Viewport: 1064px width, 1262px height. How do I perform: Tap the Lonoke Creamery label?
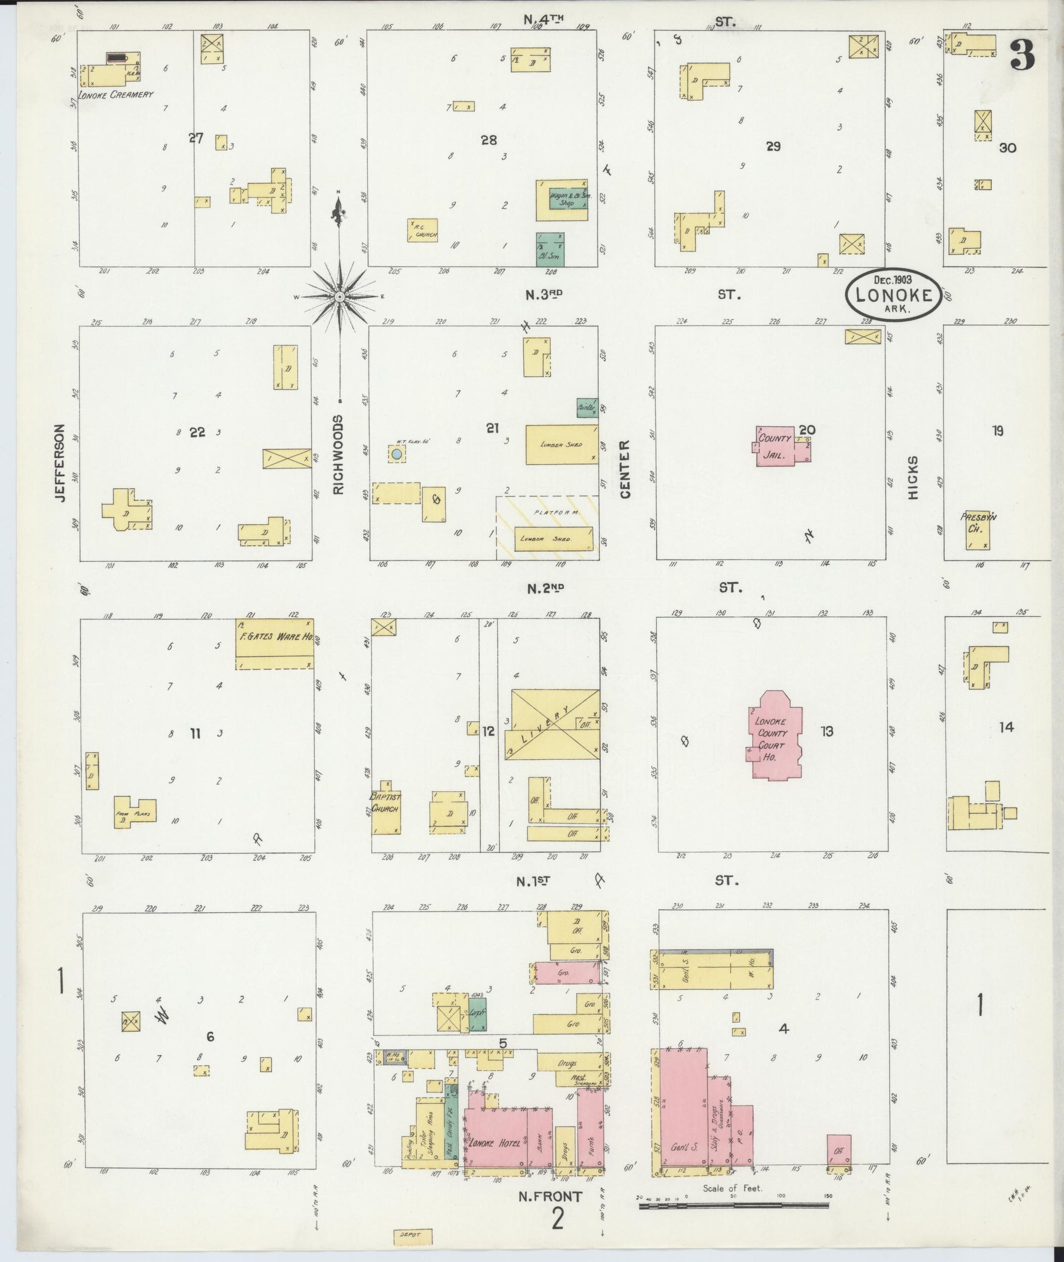[x=115, y=95]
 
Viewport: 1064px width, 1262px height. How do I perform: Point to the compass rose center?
[x=340, y=297]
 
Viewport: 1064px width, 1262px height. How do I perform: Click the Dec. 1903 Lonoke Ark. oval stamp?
[x=893, y=294]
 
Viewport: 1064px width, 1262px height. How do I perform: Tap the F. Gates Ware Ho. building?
[x=274, y=644]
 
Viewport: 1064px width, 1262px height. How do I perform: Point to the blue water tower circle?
[x=396, y=453]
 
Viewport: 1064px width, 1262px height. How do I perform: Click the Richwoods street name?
[x=338, y=454]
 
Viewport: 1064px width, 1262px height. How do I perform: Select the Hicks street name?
[x=913, y=477]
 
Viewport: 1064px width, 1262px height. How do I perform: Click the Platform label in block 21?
[x=556, y=512]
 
